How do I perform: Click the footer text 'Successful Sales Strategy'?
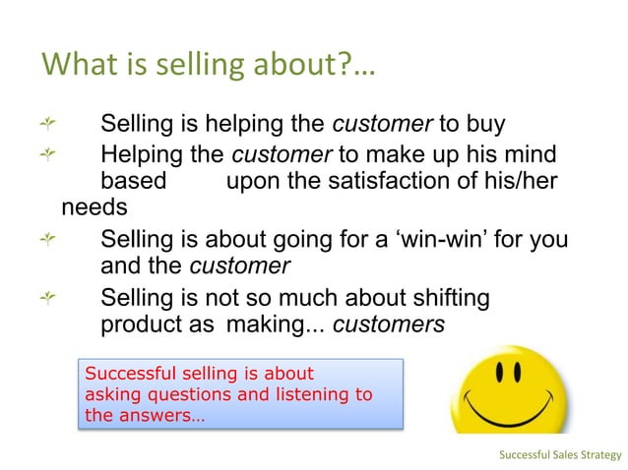[560, 454]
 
